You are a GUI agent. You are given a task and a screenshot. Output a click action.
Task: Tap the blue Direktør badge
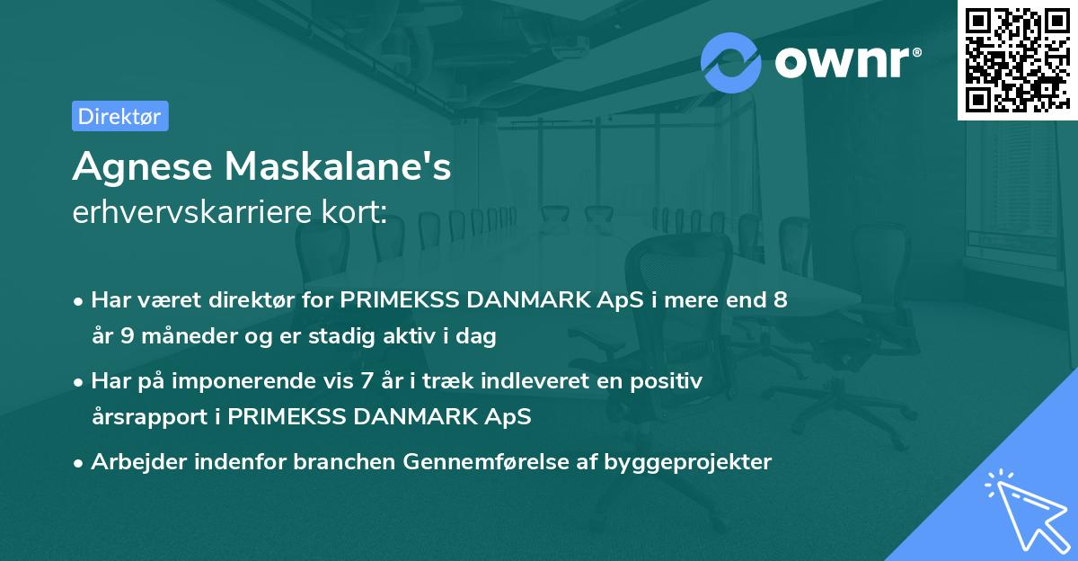[x=119, y=116]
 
